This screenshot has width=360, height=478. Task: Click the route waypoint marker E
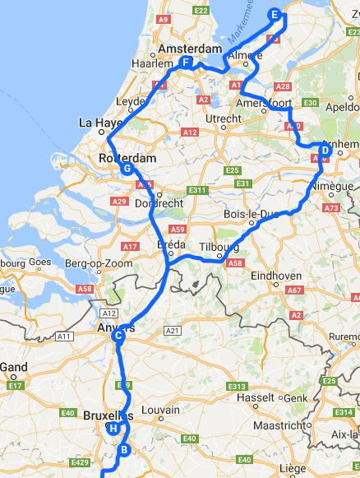275,14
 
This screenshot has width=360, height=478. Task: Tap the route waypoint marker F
187,63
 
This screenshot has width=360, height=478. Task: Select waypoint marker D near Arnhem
325,151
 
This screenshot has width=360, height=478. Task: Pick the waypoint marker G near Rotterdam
127,169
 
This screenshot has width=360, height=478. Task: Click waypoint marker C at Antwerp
118,335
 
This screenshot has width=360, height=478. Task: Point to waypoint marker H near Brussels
113,429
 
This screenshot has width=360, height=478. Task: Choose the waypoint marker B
124,449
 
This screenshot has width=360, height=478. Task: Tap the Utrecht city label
223,119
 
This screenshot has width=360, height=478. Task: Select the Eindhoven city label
275,276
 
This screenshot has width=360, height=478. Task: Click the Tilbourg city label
218,247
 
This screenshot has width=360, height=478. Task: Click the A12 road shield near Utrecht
190,132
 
